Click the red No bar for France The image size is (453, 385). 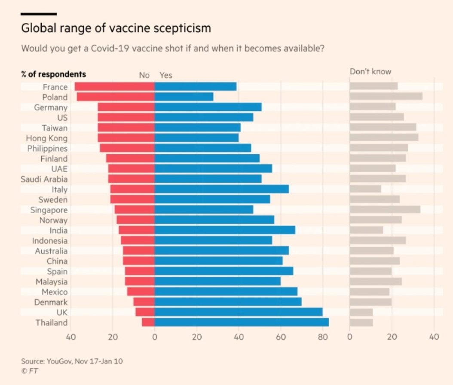coord(114,87)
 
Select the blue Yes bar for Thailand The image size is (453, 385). coord(242,322)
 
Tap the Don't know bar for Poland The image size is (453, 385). coord(386,97)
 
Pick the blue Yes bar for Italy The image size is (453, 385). coord(221,189)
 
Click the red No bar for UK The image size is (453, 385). coord(145,312)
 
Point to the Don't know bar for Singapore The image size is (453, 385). coord(385,210)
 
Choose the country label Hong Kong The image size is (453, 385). coord(46,138)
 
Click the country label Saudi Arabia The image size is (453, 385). coord(44,179)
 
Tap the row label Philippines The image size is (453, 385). coord(47,148)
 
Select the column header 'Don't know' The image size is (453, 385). coord(370,72)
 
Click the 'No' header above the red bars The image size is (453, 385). coord(144,75)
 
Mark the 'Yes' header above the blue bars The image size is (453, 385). coord(165,75)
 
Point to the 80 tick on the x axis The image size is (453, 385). coord(322,337)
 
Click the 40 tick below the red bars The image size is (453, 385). coord(70,337)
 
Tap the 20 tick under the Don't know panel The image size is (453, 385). coord(392,337)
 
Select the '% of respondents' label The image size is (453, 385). coord(53,74)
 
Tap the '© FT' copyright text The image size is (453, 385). coord(29,370)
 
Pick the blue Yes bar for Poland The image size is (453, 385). coord(184,97)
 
